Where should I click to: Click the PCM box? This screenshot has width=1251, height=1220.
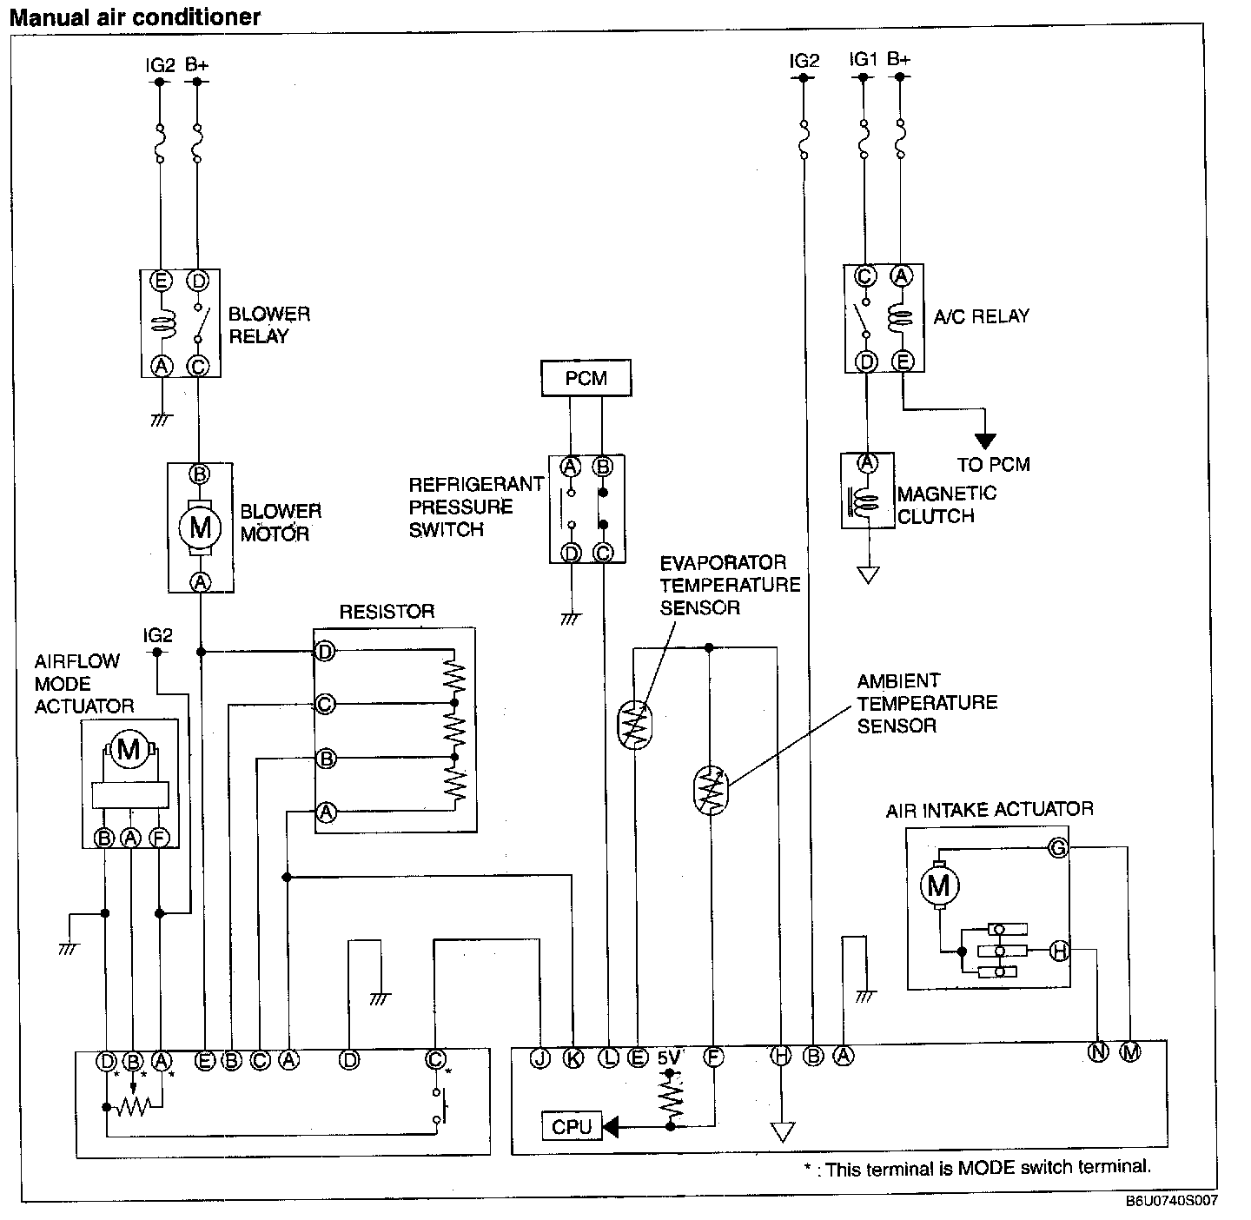586,378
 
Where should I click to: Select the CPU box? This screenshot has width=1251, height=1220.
572,1127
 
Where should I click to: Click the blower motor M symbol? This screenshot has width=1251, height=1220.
201,527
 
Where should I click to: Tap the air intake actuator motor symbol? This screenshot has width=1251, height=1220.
939,885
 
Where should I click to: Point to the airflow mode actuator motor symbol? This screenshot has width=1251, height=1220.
129,747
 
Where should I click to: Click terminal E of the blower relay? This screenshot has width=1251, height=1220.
160,281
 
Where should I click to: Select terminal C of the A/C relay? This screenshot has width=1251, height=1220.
865,276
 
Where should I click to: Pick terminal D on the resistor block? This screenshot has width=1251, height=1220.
324,652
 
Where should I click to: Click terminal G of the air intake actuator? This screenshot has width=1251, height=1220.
1057,848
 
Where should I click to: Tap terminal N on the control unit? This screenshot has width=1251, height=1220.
1098,1052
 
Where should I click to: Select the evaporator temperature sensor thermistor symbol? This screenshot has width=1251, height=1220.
636,724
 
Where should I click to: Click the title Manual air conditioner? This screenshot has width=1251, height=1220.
135,17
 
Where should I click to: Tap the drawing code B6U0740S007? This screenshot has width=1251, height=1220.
1172,1201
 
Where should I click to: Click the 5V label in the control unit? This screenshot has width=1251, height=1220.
669,1058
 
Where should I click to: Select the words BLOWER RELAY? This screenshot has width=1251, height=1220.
268,325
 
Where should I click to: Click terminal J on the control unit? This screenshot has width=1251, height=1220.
540,1058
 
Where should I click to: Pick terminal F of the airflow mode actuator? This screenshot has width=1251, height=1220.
160,838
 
